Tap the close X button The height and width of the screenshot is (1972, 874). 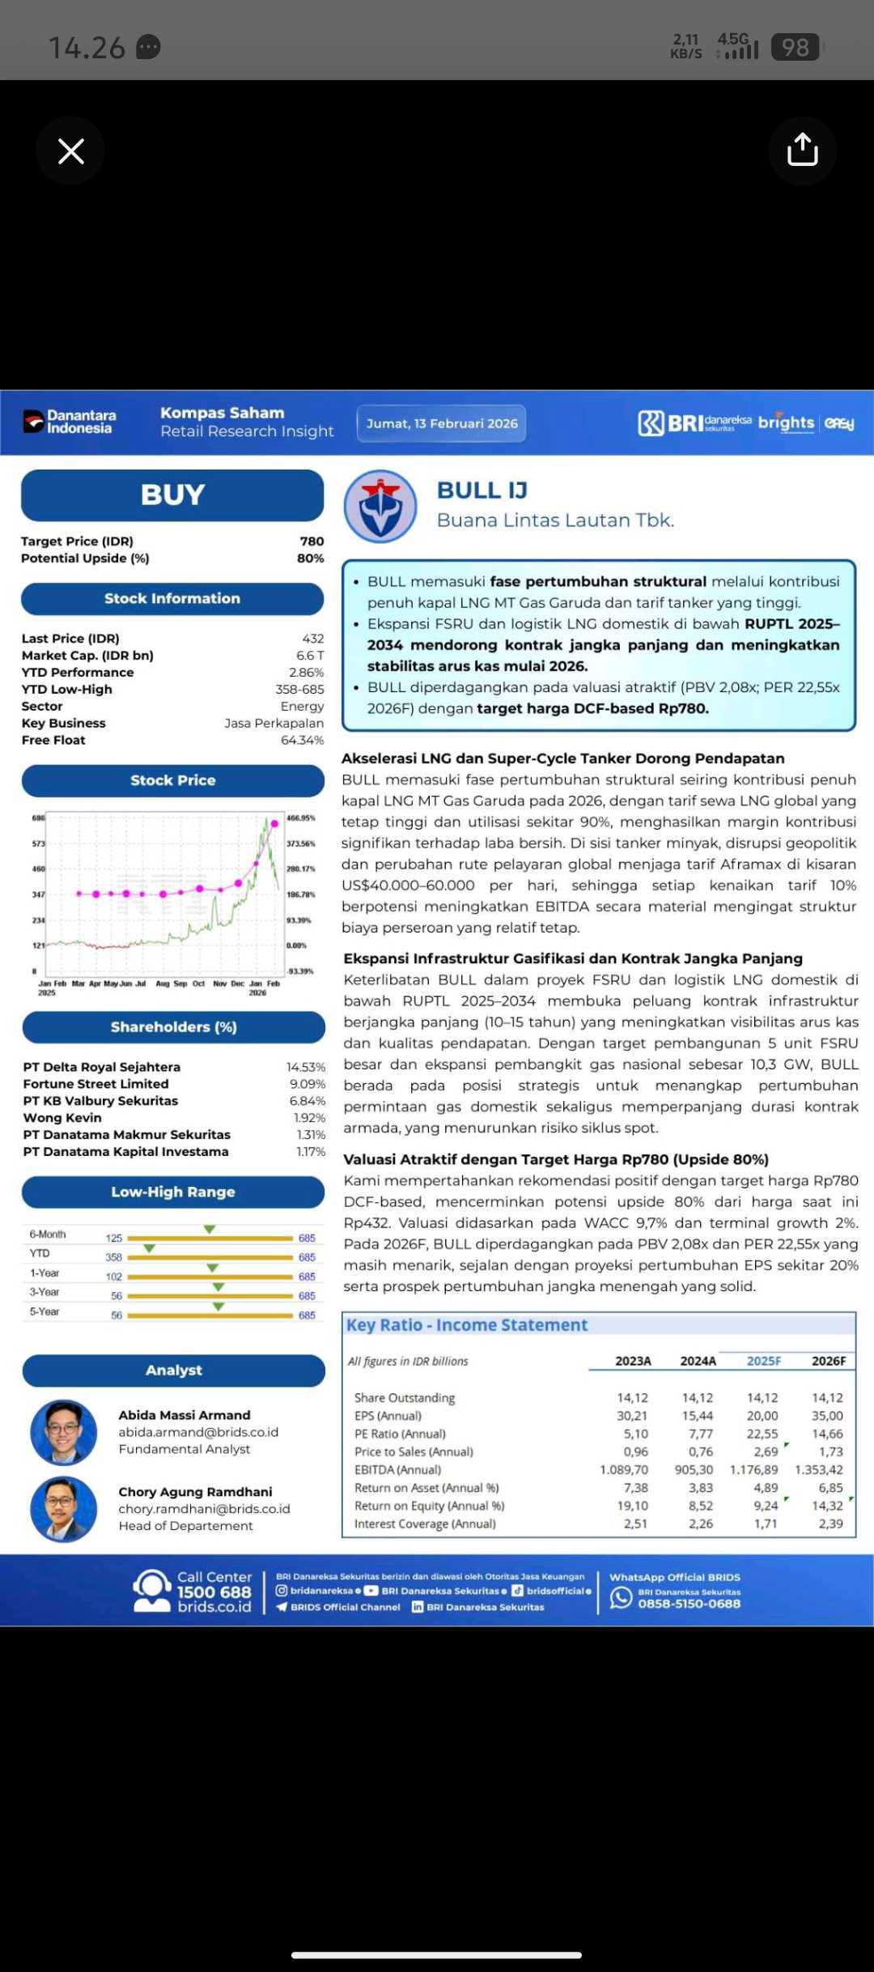pos(71,151)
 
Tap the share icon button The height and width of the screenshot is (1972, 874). pos(802,151)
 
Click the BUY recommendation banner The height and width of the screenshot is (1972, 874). pos(172,495)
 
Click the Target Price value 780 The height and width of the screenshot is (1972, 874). pos(312,542)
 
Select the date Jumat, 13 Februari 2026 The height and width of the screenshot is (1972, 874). pos(442,423)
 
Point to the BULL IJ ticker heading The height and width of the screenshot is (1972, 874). pos(482,491)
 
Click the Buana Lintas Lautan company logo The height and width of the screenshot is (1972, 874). pos(380,507)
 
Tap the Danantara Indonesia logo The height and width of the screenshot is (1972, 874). pos(70,422)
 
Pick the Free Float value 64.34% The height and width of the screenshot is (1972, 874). pos(302,740)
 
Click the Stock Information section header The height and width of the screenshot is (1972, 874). pos(172,598)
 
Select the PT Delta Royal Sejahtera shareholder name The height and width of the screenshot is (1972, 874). pos(102,1067)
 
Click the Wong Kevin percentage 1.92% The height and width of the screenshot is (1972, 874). pos(309,1118)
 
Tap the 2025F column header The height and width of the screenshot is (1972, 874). pos(764,1361)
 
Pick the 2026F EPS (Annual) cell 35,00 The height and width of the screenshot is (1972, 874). pos(827,1416)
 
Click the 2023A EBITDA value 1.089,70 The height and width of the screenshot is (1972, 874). pos(624,1469)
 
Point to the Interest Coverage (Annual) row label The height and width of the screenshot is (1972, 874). pos(425,1524)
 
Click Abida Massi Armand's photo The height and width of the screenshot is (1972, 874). pos(64,1432)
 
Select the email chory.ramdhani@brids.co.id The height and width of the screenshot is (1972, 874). pos(204,1509)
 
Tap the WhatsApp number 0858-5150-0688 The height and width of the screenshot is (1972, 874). pos(689,1604)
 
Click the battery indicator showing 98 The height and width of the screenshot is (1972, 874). pos(795,48)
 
